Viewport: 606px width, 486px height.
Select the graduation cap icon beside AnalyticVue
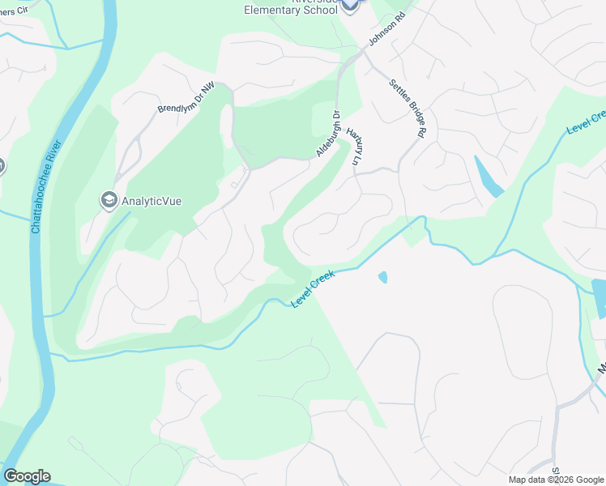[109, 200]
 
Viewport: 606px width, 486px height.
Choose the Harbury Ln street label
[353, 146]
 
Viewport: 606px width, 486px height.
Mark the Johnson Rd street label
[385, 28]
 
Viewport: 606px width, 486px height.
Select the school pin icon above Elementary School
[349, 5]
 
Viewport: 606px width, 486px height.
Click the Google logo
[27, 476]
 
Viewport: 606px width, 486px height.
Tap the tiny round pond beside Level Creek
[382, 277]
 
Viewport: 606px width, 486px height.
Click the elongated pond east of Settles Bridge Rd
[488, 177]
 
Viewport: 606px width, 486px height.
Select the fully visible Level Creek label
[313, 288]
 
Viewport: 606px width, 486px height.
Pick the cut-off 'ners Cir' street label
[15, 11]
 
